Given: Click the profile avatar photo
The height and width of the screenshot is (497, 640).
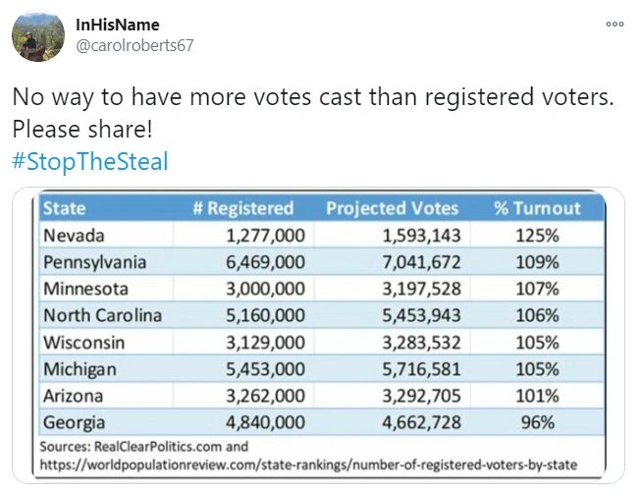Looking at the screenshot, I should pyautogui.click(x=38, y=36).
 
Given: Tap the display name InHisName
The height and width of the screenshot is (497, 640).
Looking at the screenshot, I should pyautogui.click(x=117, y=25).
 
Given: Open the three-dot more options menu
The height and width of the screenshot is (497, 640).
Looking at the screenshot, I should pyautogui.click(x=614, y=25).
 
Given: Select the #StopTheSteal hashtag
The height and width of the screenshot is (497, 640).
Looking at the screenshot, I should pyautogui.click(x=90, y=161).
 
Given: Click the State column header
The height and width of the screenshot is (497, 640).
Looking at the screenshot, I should pyautogui.click(x=64, y=208).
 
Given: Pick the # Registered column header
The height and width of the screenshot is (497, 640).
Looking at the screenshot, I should pyautogui.click(x=250, y=208).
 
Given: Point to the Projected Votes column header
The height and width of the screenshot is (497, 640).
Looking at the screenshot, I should pyautogui.click(x=392, y=208).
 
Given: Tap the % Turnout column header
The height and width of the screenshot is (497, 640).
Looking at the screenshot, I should pyautogui.click(x=537, y=208).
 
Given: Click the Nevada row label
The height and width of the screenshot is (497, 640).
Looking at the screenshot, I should pyautogui.click(x=74, y=236).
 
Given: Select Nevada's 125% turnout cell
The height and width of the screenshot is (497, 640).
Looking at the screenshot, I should pyautogui.click(x=538, y=236).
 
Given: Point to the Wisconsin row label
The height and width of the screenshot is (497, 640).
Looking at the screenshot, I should pyautogui.click(x=81, y=343).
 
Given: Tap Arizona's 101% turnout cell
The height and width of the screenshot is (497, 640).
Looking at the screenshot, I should pyautogui.click(x=538, y=397).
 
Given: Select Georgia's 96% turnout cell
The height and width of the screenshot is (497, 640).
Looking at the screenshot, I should pyautogui.click(x=538, y=423).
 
